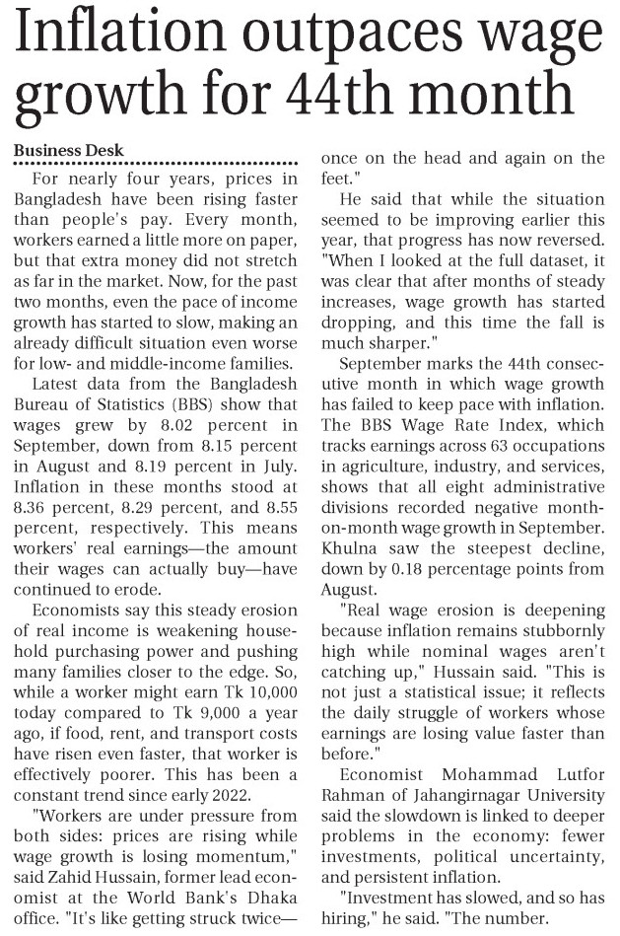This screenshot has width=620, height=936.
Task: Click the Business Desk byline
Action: (x=68, y=150)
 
